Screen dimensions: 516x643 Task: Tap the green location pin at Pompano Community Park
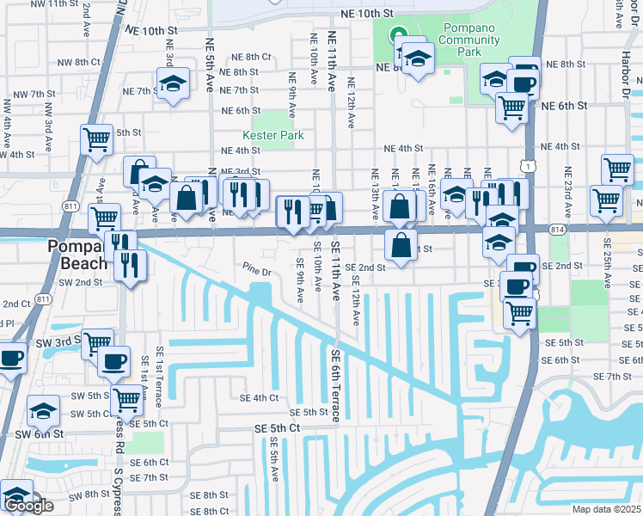[x=398, y=36]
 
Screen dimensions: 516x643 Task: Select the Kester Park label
[x=274, y=135]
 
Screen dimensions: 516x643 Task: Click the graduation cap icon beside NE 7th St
[x=173, y=84]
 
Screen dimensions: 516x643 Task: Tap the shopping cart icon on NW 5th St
[x=97, y=138]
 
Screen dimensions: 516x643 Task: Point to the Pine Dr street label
[x=257, y=273]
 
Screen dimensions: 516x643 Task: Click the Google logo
[x=28, y=506]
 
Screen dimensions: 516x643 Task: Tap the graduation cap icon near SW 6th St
[x=43, y=412]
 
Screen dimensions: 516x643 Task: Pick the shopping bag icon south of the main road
[x=401, y=244]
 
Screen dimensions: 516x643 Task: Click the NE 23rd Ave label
[x=568, y=189]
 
